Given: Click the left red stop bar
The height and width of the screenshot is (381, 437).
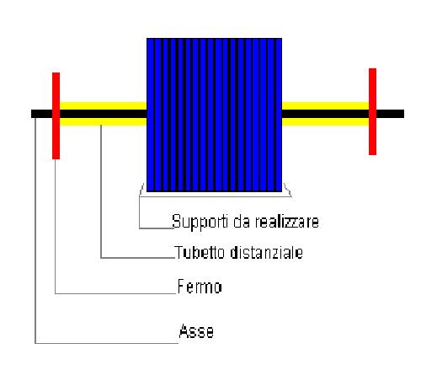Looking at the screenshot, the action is [x=56, y=115].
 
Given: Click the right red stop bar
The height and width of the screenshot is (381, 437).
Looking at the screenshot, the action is [x=372, y=111].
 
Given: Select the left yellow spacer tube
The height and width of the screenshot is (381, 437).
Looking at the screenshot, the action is [x=103, y=114].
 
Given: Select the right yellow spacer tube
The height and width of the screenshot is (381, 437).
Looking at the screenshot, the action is [x=325, y=114].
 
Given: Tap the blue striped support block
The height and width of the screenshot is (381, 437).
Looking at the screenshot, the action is [x=214, y=115].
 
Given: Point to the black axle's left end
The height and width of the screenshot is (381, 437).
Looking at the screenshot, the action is [x=32, y=114].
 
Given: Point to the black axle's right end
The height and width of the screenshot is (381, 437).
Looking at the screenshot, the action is [x=403, y=114].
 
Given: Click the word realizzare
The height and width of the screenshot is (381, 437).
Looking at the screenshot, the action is [x=287, y=222].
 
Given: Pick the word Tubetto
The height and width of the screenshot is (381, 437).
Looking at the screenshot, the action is [x=200, y=252].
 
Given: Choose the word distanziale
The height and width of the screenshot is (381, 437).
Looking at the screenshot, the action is [x=266, y=252].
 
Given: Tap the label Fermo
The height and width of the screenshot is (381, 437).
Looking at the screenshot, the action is [x=200, y=287].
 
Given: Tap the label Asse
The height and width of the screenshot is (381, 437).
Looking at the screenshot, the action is [x=196, y=331].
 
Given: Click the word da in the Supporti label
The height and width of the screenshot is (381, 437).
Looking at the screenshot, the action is [x=242, y=222].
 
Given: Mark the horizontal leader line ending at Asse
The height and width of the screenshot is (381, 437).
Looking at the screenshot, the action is [x=107, y=343].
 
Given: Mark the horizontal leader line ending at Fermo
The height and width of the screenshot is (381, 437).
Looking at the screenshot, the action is [x=115, y=293].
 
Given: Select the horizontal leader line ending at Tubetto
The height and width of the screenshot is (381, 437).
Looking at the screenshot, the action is [x=137, y=257].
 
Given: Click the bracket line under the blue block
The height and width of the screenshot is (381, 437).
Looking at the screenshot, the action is [x=216, y=196].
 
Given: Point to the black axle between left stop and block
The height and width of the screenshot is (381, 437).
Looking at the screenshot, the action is [x=103, y=114].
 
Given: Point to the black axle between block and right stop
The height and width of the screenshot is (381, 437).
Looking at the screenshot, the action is [x=325, y=114].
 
